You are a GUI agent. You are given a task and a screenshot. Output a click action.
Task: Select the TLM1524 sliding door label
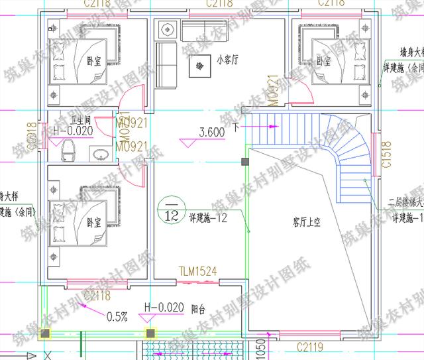tap(198, 270)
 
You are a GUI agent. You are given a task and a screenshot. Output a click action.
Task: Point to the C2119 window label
tap(309, 346)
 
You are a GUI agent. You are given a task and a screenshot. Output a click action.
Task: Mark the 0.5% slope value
tap(117, 316)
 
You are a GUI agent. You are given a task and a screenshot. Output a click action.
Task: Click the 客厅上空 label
tap(307, 223)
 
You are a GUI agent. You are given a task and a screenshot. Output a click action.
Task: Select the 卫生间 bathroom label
tap(67, 120)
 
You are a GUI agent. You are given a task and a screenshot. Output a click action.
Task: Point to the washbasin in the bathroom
tap(100, 155)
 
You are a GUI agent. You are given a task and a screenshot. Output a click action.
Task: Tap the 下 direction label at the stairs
tap(235, 125)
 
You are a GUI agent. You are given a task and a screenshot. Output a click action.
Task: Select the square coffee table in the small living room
tap(198, 66)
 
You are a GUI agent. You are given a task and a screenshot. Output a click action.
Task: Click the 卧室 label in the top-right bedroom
tap(323, 61)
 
